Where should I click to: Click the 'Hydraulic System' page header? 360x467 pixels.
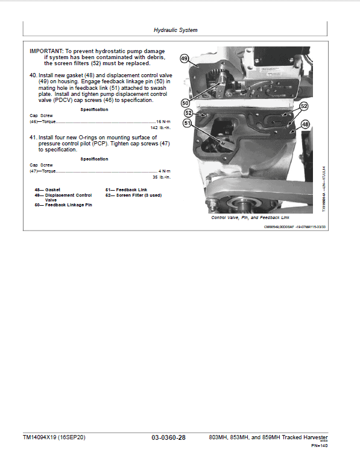click(x=175, y=30)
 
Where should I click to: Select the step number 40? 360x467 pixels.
click(x=33, y=75)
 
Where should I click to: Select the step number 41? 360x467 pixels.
click(x=33, y=138)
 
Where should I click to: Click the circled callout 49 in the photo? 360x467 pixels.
click(x=185, y=59)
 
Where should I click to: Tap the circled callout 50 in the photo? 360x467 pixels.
click(x=186, y=103)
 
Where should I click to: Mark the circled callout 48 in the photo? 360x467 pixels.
click(x=305, y=124)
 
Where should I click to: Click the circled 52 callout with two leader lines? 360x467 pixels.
click(x=304, y=106)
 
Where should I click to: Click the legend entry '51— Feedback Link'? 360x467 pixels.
click(x=126, y=189)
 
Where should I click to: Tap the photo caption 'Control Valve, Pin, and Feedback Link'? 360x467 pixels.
click(x=250, y=217)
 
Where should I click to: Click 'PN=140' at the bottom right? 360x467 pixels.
click(x=319, y=446)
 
